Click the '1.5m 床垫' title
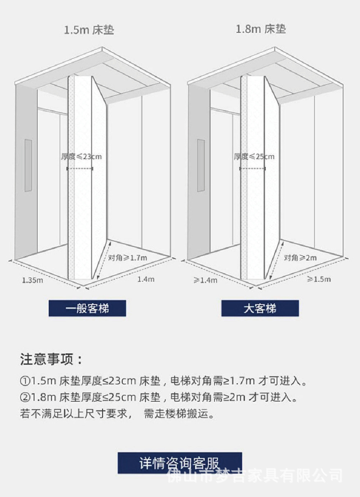click(89, 30)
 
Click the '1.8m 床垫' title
click(261, 29)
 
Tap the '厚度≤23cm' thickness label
click(81, 156)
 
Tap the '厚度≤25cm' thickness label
click(254, 156)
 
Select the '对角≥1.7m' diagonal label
click(128, 258)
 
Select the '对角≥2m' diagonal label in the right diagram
click(300, 258)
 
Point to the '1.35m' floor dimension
click(32, 280)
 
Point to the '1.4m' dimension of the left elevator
click(146, 279)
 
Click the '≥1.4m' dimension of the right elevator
click(205, 280)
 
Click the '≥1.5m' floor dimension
click(319, 279)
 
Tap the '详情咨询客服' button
click(180, 463)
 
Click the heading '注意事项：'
click(51, 359)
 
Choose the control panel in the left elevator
click(28, 165)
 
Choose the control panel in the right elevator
click(201, 165)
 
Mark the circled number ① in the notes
click(25, 381)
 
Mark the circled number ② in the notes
click(25, 397)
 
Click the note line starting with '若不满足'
click(117, 413)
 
